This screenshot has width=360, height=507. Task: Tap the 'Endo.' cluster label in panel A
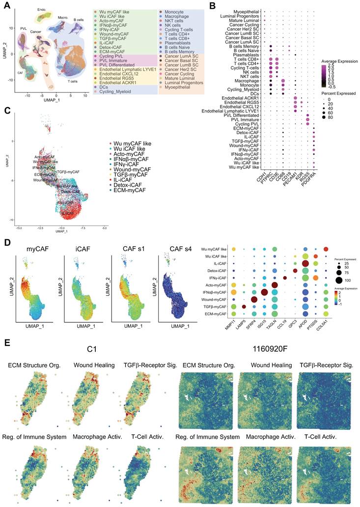(x=42, y=9)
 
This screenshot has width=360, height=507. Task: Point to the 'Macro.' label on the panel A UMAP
(x=62, y=17)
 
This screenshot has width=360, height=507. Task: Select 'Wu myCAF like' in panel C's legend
(x=129, y=142)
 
